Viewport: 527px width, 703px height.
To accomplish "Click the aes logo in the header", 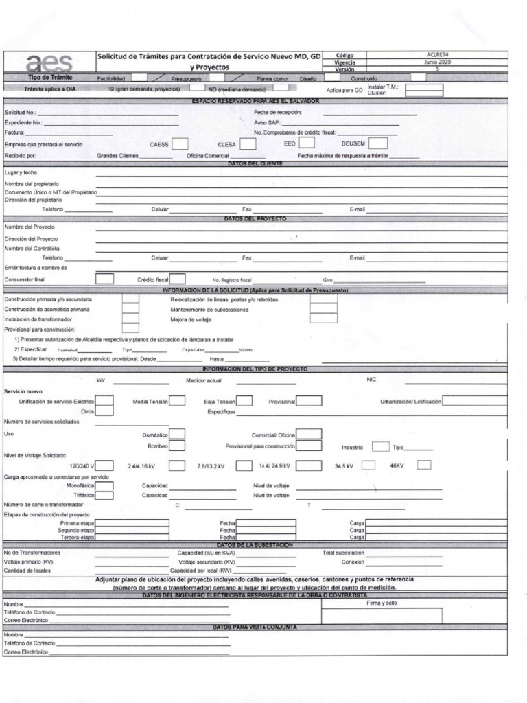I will pos(49,62).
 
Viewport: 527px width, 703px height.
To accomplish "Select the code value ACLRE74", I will pos(437,54).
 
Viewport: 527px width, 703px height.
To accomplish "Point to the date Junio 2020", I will pos(437,62).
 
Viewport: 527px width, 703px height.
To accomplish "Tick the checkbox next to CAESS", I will pos(180,144).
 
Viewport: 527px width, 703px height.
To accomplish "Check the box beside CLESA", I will pos(248,144).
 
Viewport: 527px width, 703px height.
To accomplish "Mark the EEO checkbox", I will pos(307,143).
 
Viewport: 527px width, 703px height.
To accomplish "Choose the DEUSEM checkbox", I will pos(378,143).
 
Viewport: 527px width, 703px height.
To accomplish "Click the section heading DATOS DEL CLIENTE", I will pos(256,163).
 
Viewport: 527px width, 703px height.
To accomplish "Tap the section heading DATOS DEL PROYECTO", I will pos(256,218).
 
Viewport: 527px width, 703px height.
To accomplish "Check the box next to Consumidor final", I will pos(104,279).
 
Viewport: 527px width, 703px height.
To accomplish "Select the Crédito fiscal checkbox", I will pos(178,279).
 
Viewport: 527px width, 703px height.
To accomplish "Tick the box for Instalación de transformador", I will pos(130,319).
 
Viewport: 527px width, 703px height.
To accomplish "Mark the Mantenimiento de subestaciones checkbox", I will pos(323,309).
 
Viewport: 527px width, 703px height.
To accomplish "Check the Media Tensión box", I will pos(177,401).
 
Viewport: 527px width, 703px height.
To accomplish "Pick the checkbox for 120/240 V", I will pos(104,465).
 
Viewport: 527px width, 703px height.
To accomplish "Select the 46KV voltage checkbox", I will pos(424,465).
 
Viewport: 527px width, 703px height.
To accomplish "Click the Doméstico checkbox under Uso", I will pos(177,434).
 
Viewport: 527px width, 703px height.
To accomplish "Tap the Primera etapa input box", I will pos(132,523).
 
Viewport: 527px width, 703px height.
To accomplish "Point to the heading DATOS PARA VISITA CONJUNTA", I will pos(256,627).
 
